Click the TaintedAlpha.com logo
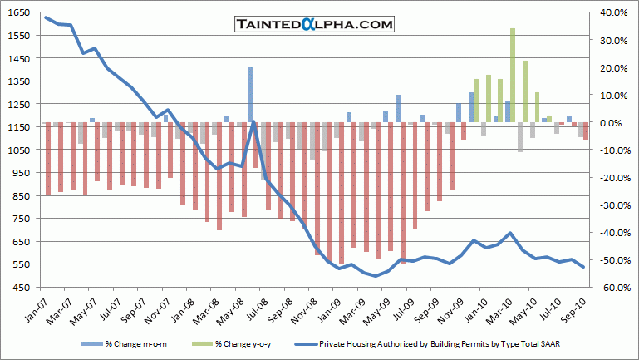314,25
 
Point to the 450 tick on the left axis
19,288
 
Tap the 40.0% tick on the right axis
613,13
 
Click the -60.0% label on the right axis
612,288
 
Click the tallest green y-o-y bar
513,76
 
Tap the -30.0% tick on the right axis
612,205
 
